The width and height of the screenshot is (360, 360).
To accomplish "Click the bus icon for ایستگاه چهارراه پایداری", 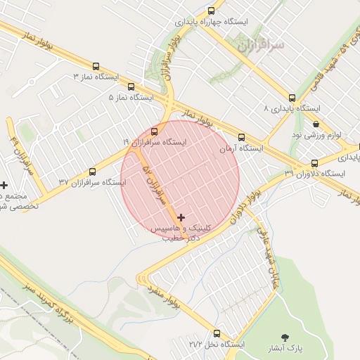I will point(212,11).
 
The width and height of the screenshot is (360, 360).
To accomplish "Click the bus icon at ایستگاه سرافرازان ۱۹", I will point(155,131).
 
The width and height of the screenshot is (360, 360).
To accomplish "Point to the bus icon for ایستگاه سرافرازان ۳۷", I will point(93,172).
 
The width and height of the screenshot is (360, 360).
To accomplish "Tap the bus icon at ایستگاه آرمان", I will point(241,137).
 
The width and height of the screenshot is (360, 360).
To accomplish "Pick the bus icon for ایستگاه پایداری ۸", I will point(292,98).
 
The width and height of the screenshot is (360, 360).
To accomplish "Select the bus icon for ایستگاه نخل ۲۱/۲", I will point(216,334).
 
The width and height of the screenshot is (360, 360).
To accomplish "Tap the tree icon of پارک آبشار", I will point(285,337).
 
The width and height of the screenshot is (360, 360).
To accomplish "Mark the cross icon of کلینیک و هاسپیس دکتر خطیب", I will point(182,218).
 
